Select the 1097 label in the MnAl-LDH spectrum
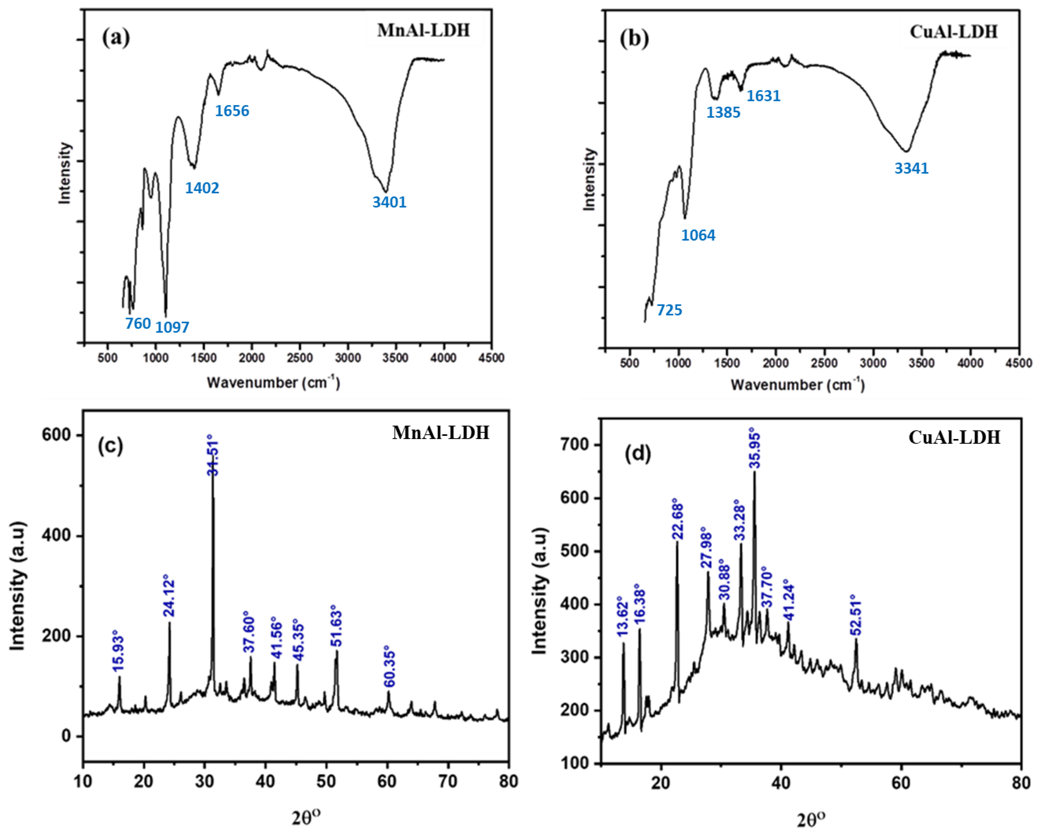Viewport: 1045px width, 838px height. pos(172,327)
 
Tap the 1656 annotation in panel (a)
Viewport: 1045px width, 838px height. pos(232,111)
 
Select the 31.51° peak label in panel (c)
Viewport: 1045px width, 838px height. pos(213,458)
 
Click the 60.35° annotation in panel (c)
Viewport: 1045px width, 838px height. pos(389,666)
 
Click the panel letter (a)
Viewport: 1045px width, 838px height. pos(116,37)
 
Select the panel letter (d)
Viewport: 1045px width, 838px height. pos(638,453)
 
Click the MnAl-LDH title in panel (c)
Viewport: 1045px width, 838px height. pos(441,432)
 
